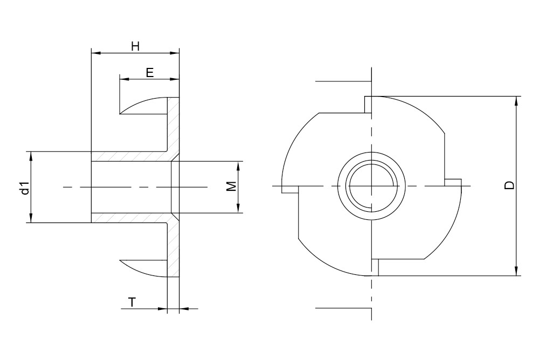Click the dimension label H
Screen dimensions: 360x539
(x=135, y=46)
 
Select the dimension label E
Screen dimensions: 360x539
(x=150, y=73)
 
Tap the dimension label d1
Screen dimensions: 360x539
(x=24, y=188)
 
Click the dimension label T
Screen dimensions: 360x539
(x=132, y=302)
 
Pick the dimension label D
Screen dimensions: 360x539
(x=509, y=185)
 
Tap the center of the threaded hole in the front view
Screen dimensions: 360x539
(x=371, y=186)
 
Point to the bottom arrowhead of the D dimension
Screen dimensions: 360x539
(x=517, y=272)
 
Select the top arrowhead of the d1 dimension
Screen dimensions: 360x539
(x=31, y=156)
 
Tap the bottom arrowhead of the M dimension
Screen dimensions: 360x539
(x=238, y=209)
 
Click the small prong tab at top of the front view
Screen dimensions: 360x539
(x=368, y=105)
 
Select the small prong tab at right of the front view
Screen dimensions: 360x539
(x=453, y=182)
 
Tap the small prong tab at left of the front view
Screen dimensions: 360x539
(x=290, y=190)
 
